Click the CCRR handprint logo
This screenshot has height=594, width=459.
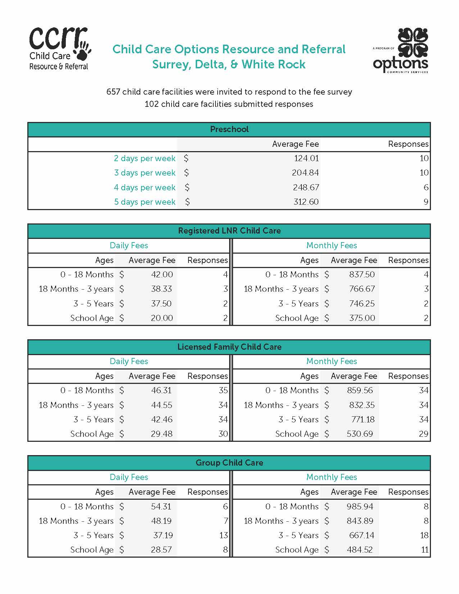pyautogui.click(x=60, y=49)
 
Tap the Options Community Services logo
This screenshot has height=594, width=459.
pyautogui.click(x=401, y=51)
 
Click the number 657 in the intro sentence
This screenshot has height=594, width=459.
pyautogui.click(x=113, y=92)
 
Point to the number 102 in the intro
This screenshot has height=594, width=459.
pyautogui.click(x=151, y=104)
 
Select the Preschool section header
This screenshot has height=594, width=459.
pyautogui.click(x=229, y=130)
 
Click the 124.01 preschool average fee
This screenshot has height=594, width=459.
pyautogui.click(x=306, y=158)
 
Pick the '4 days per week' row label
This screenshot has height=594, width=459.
pyautogui.click(x=145, y=187)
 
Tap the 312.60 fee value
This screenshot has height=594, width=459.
pyautogui.click(x=306, y=202)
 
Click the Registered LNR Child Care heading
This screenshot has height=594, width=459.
pyautogui.click(x=229, y=231)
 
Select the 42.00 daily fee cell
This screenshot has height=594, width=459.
pyautogui.click(x=162, y=275)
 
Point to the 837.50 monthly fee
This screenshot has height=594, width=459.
pyautogui.click(x=362, y=275)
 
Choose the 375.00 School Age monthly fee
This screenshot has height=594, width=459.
pyautogui.click(x=362, y=318)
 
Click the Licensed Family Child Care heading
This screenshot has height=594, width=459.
pyautogui.click(x=229, y=347)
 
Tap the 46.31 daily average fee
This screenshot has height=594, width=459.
pyautogui.click(x=162, y=390)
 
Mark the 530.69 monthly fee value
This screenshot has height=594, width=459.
pyautogui.click(x=360, y=434)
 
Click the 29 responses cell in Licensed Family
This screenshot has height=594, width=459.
pyautogui.click(x=423, y=434)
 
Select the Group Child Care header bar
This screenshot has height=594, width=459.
pyautogui.click(x=229, y=463)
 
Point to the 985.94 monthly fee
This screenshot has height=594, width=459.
pyautogui.click(x=360, y=507)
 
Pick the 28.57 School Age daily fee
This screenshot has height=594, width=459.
pyautogui.click(x=161, y=550)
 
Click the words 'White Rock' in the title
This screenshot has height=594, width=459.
pyautogui.click(x=273, y=64)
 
